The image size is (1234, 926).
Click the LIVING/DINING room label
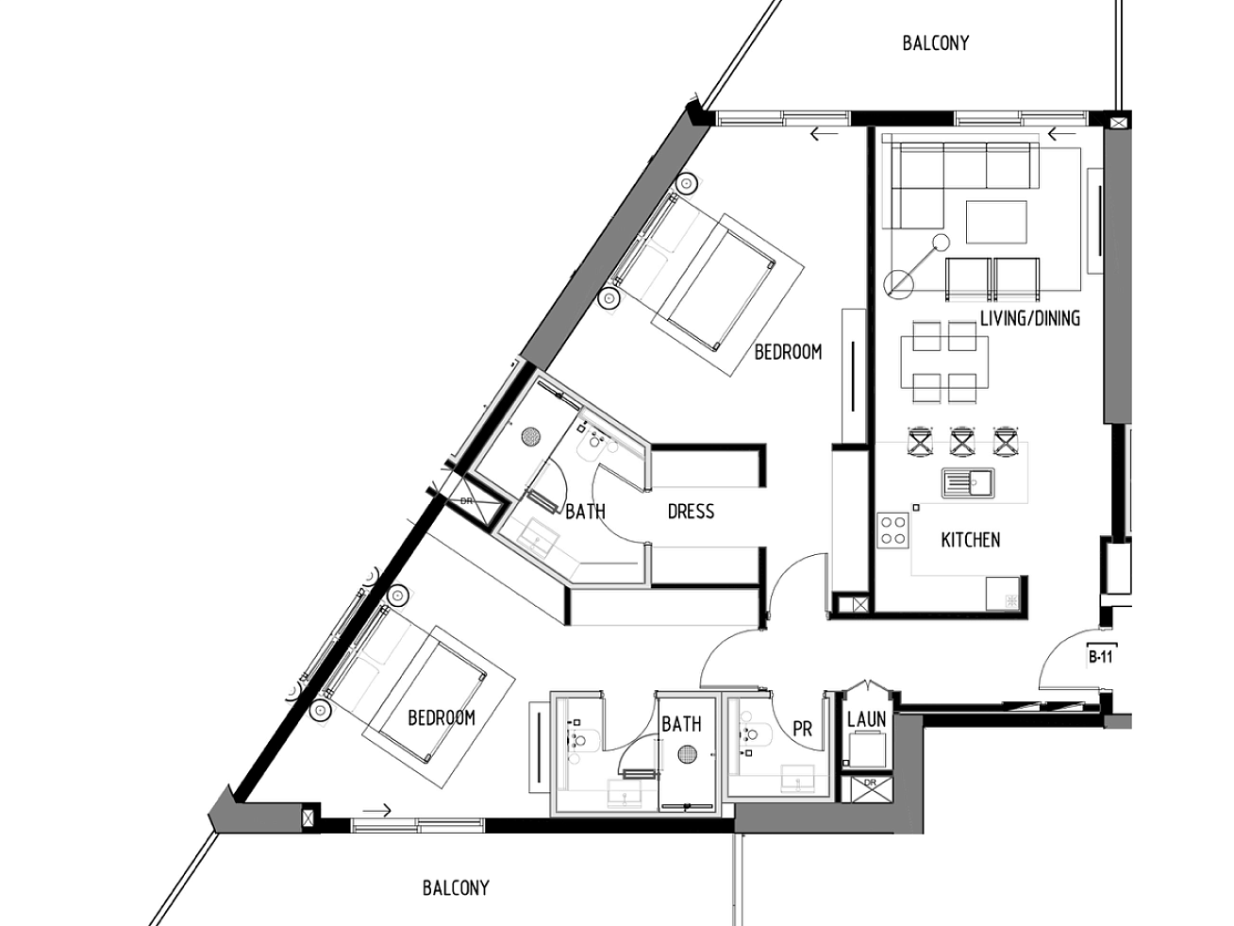[1030, 318]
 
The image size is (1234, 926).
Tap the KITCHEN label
[971, 540]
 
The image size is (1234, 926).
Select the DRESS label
[691, 511]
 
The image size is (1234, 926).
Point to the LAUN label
[866, 718]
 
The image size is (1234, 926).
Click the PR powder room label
[802, 729]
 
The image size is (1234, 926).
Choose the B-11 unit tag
[1100, 657]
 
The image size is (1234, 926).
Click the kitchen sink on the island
[968, 483]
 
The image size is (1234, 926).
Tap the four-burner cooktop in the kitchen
[893, 530]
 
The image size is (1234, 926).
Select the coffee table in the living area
[997, 222]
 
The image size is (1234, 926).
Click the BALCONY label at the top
[936, 43]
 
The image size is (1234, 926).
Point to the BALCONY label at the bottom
[456, 887]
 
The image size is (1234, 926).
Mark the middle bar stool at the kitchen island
[962, 442]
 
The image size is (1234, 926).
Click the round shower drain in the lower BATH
[687, 754]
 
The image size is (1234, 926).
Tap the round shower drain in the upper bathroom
[531, 437]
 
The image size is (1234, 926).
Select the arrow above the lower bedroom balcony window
[376, 810]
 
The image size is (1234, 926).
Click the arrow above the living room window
[1062, 134]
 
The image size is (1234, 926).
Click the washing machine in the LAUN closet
[867, 751]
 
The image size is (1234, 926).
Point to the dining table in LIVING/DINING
[944, 362]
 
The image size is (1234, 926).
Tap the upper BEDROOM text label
[788, 352]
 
